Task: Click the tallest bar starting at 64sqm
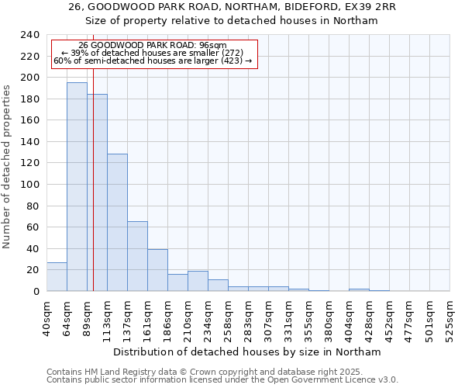[77, 186]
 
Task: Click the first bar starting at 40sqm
[57, 277]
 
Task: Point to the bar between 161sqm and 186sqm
[157, 270]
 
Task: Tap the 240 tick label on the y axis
[30, 35]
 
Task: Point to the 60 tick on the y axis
[33, 227]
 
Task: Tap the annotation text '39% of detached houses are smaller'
[152, 53]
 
